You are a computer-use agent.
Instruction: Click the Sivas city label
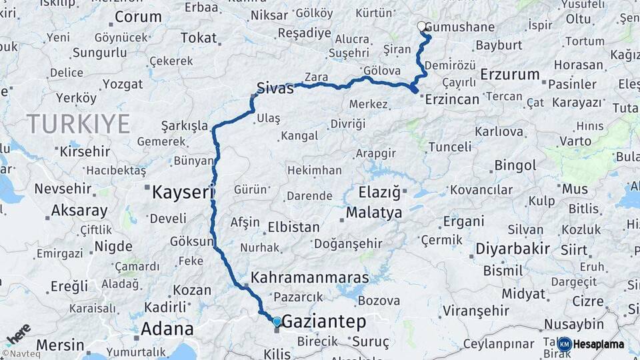[275, 87]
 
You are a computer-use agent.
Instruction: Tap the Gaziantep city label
[324, 323]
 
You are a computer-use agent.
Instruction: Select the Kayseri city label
[182, 193]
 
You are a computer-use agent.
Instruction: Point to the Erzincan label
[452, 99]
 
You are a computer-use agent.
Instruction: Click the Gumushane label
[459, 27]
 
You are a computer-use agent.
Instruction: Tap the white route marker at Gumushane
[421, 27]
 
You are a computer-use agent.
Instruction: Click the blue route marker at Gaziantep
[277, 322]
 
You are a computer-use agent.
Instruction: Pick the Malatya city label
[374, 213]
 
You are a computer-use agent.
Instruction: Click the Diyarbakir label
[512, 249]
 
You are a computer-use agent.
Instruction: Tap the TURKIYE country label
[78, 123]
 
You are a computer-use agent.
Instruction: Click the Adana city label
[167, 329]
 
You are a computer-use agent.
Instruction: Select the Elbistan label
[293, 227]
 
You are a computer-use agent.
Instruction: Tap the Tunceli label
[449, 147]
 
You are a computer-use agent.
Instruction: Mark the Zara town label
[316, 77]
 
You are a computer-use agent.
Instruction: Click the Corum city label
[138, 17]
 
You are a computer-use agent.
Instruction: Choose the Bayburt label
[498, 45]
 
